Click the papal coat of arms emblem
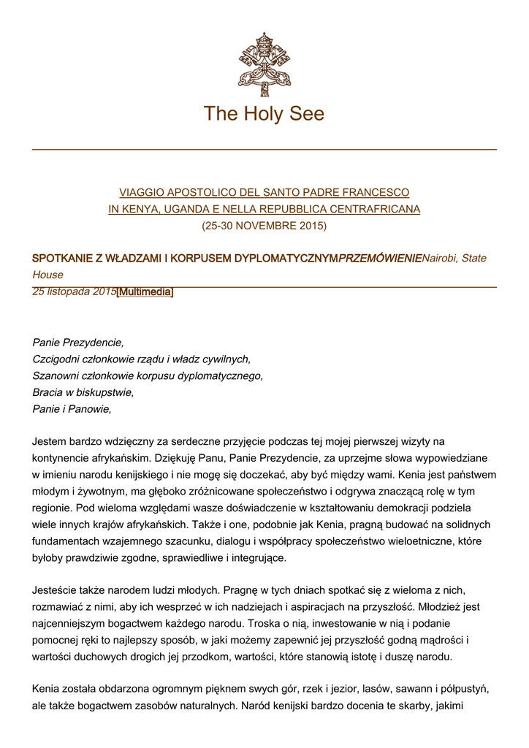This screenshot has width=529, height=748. click(x=264, y=64)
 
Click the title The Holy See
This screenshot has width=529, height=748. click(x=264, y=114)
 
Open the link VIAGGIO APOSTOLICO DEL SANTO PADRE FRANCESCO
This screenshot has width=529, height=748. click(x=264, y=192)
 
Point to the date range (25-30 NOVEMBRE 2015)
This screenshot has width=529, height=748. click(x=264, y=226)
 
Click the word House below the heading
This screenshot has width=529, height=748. click(x=47, y=275)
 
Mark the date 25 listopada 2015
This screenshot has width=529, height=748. click(x=74, y=292)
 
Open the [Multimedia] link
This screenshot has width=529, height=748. click(x=145, y=292)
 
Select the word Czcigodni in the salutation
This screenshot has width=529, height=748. click(x=56, y=359)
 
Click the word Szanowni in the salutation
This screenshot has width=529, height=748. click(x=56, y=375)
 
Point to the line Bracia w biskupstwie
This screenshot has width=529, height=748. click(x=83, y=392)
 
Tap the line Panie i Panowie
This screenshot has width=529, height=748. click(x=72, y=409)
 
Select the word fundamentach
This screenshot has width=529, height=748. click(x=66, y=541)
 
